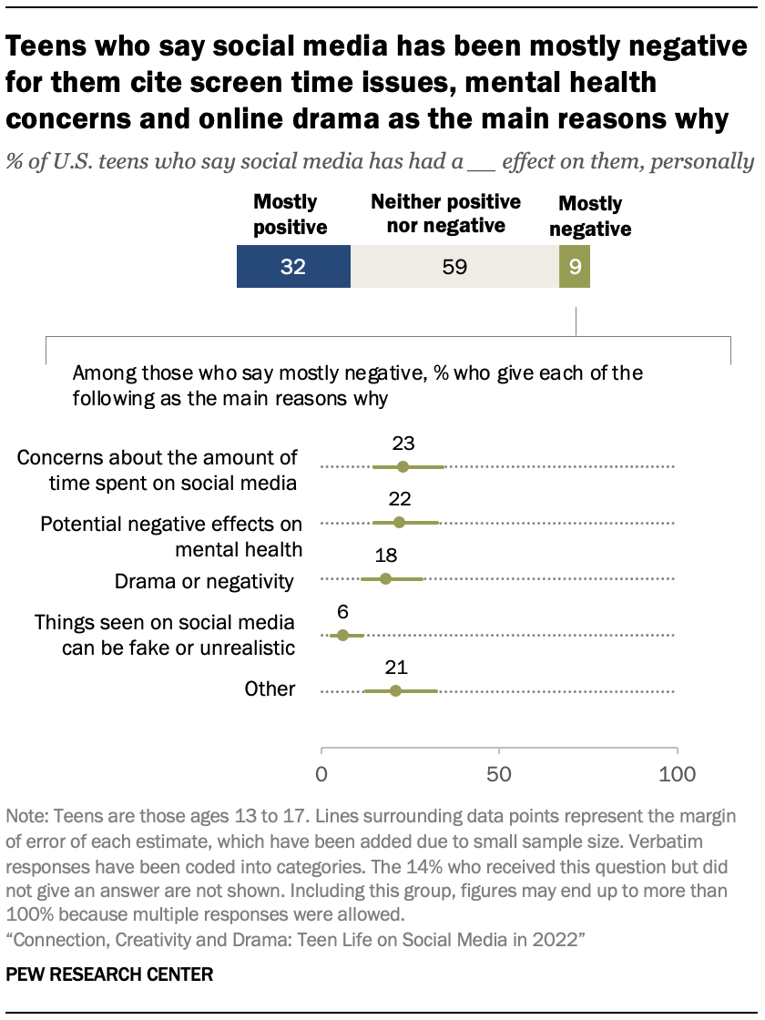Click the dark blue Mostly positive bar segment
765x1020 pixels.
point(293,267)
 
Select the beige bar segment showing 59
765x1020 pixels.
point(454,267)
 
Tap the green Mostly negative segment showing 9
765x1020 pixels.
point(575,267)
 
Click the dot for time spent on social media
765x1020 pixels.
point(403,466)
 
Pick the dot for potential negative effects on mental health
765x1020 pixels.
point(399,523)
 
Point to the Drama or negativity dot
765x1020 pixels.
point(385,579)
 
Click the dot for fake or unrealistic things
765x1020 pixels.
point(342,635)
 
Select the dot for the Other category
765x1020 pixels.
point(395,691)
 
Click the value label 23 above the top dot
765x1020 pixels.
point(403,444)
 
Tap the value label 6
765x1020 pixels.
point(342,612)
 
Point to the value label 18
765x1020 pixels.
point(385,556)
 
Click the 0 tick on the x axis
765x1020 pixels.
point(321,775)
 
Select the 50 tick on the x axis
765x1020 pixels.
point(499,775)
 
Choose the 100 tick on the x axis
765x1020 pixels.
point(677,775)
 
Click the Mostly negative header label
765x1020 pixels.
point(590,217)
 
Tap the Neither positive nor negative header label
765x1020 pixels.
point(445,212)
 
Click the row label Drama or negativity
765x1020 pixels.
point(204,581)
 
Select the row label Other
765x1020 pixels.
point(270,689)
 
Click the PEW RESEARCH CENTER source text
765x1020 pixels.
point(109,974)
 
